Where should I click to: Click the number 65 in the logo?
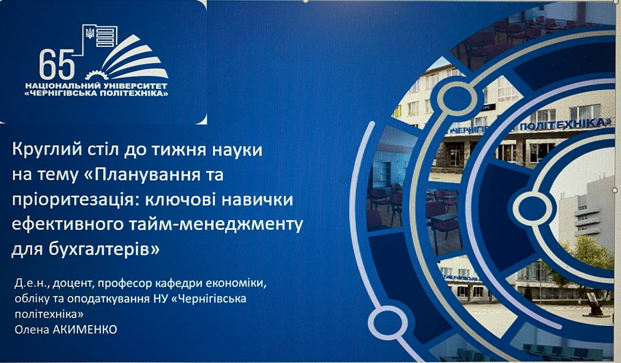(x=57, y=65)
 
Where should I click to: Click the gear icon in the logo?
(x=97, y=75)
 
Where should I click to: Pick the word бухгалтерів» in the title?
(x=104, y=249)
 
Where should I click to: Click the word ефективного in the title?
(x=67, y=225)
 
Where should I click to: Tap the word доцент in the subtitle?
(x=72, y=284)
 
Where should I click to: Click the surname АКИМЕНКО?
(x=84, y=330)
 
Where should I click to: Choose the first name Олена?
(x=32, y=330)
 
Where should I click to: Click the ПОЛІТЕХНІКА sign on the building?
(x=566, y=125)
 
